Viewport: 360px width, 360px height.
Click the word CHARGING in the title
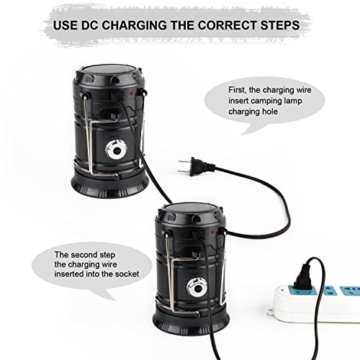135,25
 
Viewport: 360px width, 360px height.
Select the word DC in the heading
90,25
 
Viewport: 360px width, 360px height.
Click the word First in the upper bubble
237,90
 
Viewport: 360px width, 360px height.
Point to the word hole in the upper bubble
269,112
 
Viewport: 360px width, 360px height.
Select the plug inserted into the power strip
303,276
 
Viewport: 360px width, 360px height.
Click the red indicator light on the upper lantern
131,93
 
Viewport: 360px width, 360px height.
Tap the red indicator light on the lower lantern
212,232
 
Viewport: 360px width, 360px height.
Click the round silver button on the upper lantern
117,151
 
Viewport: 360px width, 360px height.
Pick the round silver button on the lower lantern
197,289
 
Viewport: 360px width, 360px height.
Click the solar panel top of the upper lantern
109,70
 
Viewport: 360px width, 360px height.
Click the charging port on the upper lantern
117,95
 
